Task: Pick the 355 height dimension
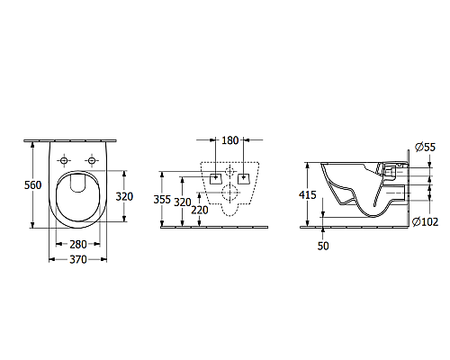[x=163, y=199]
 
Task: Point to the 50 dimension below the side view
[x=323, y=245]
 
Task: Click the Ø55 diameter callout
[x=425, y=147]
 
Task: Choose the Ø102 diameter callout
[x=425, y=221]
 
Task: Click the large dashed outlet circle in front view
[x=230, y=191]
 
